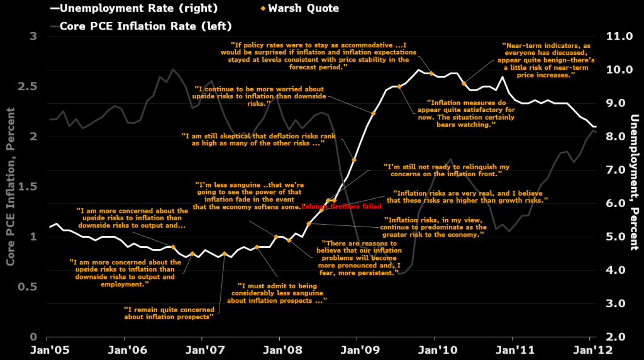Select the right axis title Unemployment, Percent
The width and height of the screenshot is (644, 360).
(x=635, y=183)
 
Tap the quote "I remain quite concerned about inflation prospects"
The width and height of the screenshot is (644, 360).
(x=168, y=313)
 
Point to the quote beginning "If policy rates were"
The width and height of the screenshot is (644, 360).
(x=318, y=55)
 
